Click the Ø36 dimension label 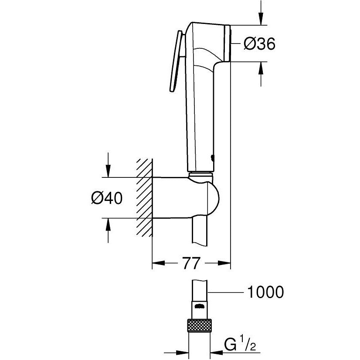coord(259,44)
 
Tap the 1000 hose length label coord(265,291)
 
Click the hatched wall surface coord(144,198)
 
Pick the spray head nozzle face coord(228,44)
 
